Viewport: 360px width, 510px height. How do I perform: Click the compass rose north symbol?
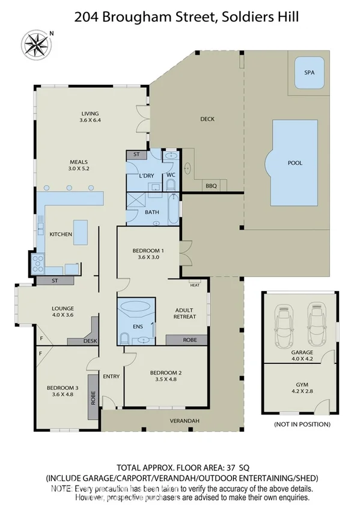click(35, 43)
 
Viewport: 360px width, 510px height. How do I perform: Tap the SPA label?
click(309, 72)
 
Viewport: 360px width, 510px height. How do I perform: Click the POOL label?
click(295, 163)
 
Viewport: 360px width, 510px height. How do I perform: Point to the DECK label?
click(207, 119)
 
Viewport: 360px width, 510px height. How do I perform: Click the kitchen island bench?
click(81, 233)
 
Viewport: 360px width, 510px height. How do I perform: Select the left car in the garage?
click(283, 326)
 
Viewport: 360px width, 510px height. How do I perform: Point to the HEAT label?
click(194, 285)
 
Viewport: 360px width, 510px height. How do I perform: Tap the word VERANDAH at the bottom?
click(183, 420)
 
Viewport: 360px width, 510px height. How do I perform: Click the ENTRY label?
click(111, 376)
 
